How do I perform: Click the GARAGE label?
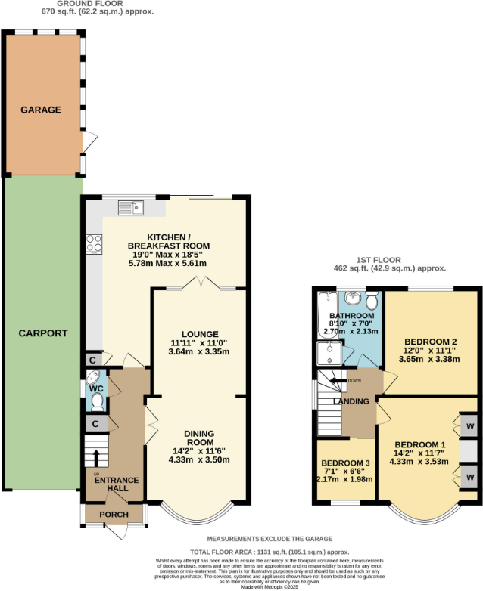42,110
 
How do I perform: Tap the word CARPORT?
42,333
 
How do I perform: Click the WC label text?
96,379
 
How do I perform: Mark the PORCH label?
114,515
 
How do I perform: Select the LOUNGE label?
200,334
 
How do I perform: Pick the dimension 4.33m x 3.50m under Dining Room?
200,460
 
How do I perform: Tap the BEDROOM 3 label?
346,463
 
